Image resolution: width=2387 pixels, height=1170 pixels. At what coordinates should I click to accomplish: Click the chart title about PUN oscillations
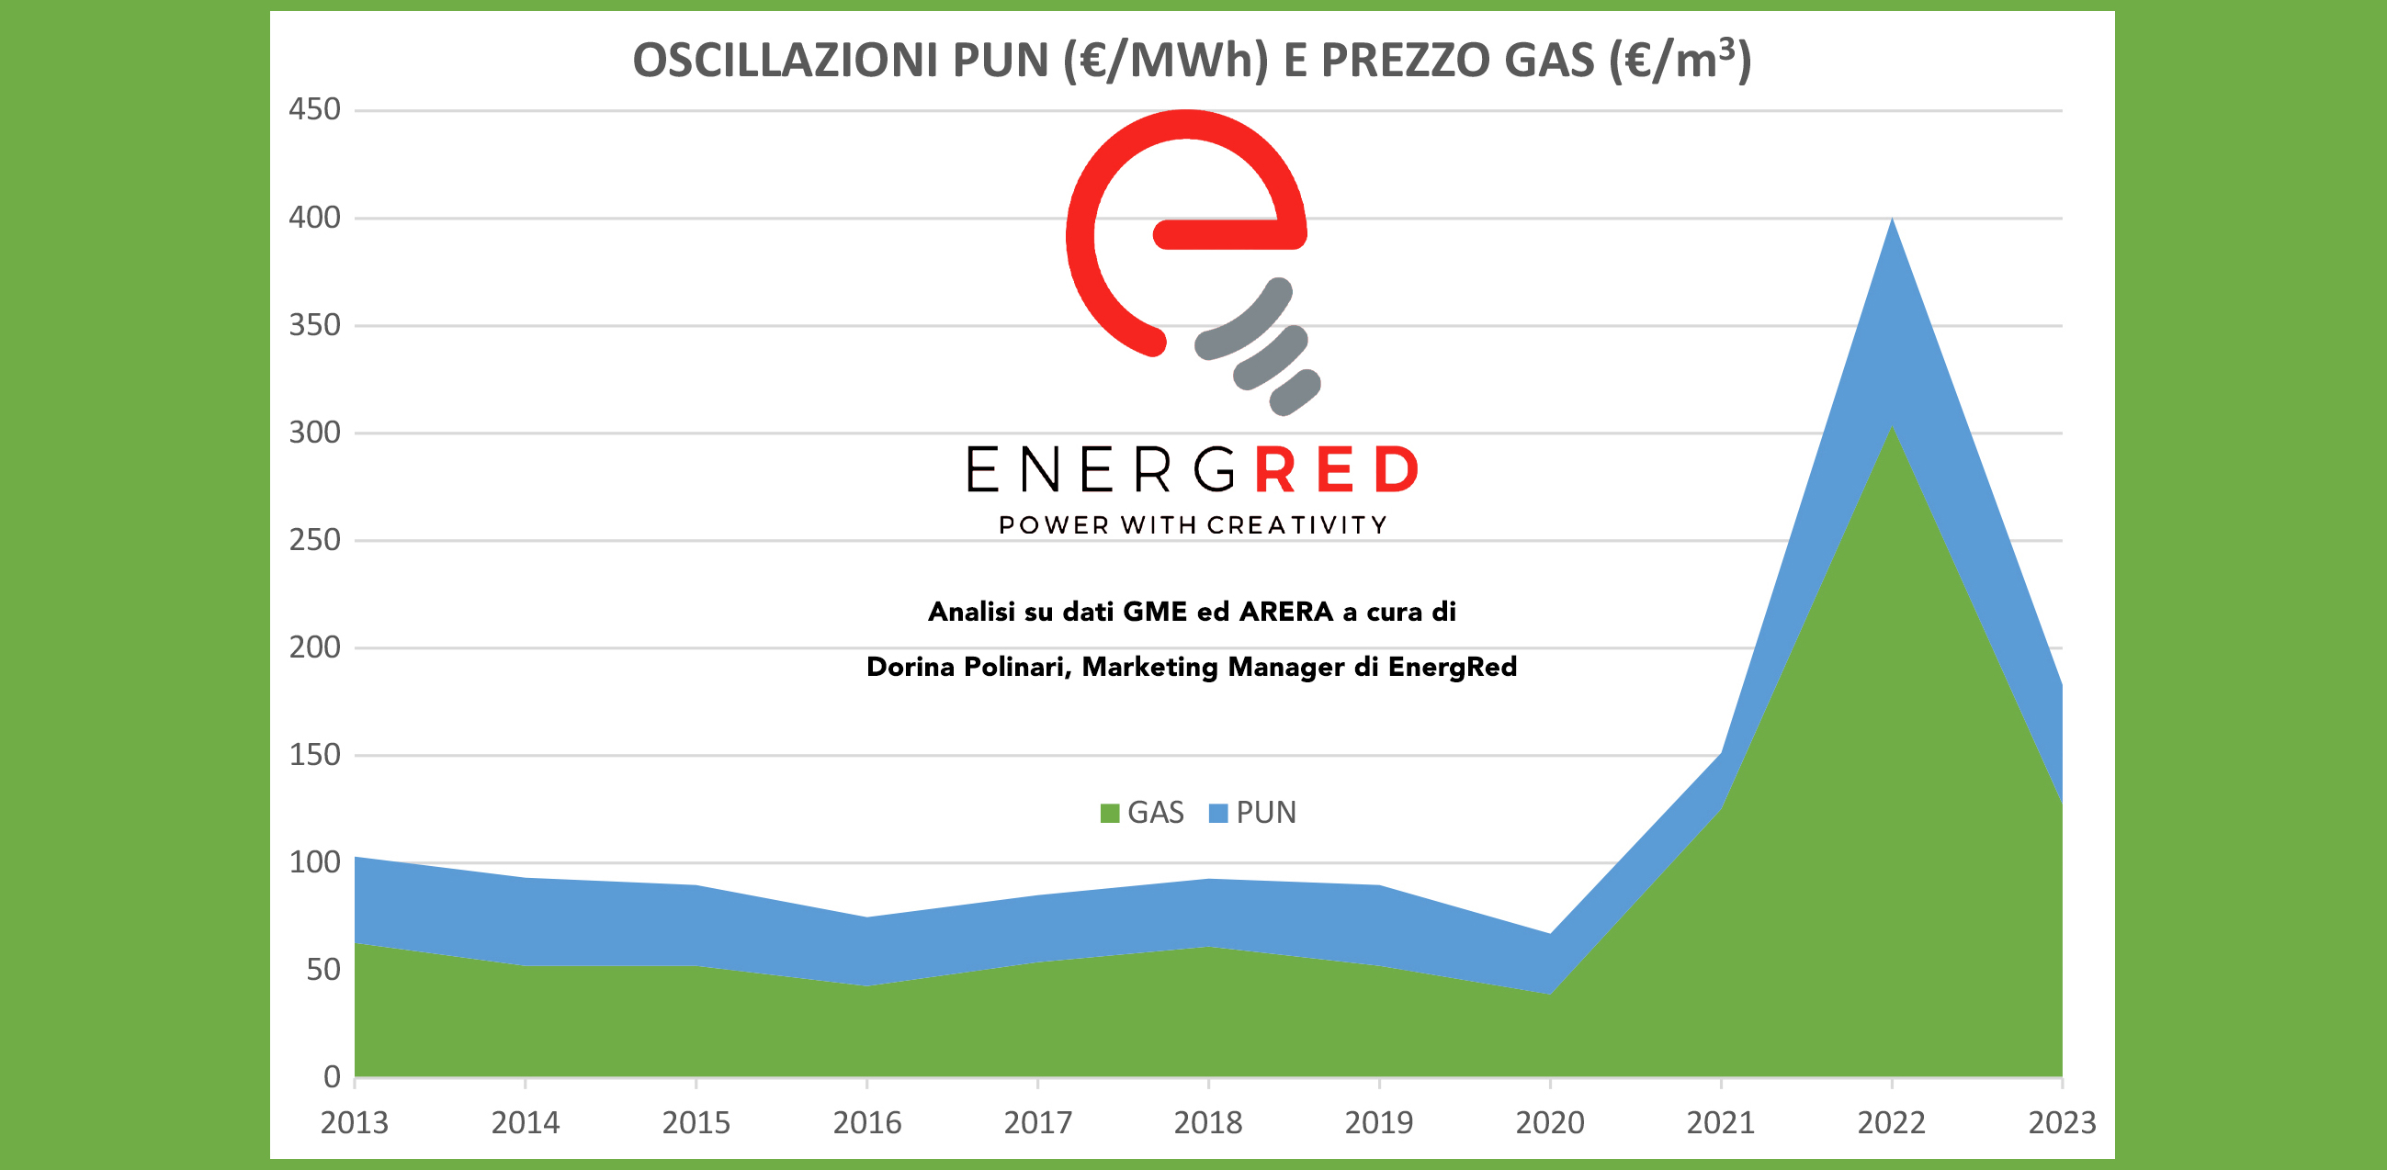(x=1192, y=61)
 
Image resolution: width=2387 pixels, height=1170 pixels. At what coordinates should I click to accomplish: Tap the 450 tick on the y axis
(x=315, y=109)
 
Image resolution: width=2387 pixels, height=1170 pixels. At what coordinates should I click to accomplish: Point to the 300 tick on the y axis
(x=315, y=433)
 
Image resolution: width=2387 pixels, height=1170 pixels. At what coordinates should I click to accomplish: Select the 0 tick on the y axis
(x=332, y=1076)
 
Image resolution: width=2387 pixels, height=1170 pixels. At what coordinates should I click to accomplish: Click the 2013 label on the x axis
(x=354, y=1123)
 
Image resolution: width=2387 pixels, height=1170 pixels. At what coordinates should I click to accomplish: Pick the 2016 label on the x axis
(x=866, y=1123)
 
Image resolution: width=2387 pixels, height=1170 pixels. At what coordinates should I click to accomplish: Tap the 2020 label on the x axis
(x=1549, y=1123)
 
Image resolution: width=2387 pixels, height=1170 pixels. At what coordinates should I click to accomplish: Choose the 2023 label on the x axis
(x=2062, y=1123)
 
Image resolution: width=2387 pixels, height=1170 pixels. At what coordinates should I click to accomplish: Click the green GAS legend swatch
(x=1109, y=814)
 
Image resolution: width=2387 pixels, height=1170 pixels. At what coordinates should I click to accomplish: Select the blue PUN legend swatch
(x=1218, y=814)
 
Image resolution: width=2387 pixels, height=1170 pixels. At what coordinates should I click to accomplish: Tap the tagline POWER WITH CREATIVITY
(x=1193, y=525)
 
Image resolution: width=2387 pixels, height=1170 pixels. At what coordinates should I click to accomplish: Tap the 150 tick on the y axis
(x=315, y=755)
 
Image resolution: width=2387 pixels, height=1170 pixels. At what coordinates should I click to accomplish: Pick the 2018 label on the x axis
(x=1207, y=1123)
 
